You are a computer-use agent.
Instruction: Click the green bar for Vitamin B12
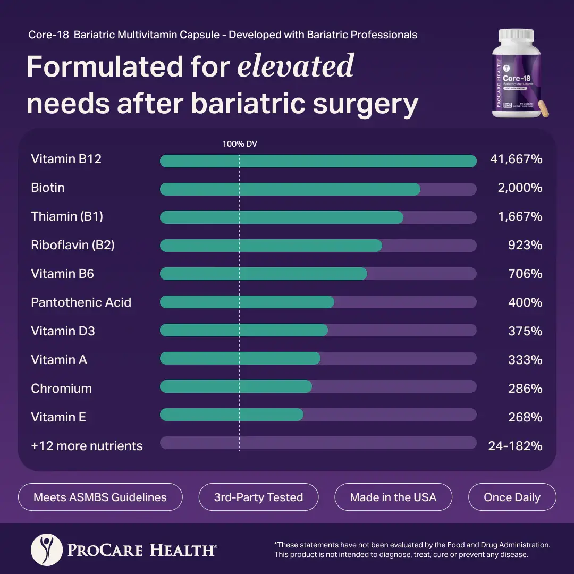(x=318, y=161)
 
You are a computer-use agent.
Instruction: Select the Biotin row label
(x=48, y=188)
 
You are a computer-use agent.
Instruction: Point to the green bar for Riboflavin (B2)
(x=271, y=245)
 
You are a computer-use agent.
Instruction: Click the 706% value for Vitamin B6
(x=525, y=274)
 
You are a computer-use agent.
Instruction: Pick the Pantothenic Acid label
(x=81, y=302)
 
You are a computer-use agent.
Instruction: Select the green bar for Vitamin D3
(x=243, y=331)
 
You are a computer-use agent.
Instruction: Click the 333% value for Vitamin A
(x=525, y=360)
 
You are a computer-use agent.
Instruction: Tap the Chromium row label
(x=61, y=389)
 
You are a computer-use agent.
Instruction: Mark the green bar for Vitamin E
(x=232, y=415)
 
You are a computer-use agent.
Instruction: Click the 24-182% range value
(x=515, y=446)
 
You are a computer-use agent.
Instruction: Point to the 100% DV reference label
(x=240, y=143)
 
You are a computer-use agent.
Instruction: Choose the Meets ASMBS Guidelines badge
(x=100, y=497)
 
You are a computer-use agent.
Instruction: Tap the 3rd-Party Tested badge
(x=258, y=497)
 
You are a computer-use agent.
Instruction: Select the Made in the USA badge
(x=393, y=497)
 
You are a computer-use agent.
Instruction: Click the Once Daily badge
(x=512, y=497)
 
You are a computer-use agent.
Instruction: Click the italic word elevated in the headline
(x=296, y=66)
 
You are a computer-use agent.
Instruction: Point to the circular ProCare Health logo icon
(x=47, y=550)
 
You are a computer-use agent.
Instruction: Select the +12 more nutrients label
(x=87, y=446)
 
